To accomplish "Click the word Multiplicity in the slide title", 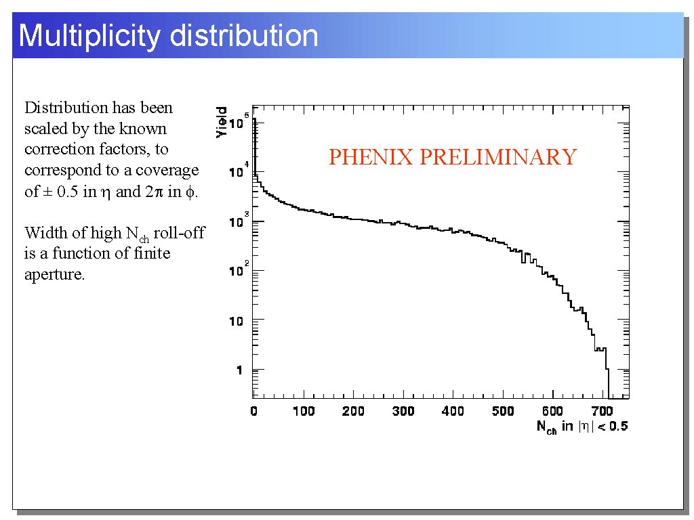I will [x=90, y=35].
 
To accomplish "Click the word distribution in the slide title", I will [x=244, y=35].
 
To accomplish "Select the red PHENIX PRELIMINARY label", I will [x=452, y=157].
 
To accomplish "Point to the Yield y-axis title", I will [x=222, y=123].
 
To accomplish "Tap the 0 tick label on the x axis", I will [x=253, y=412].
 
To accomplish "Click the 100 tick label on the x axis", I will [x=304, y=412].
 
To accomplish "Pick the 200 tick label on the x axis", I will [x=353, y=412].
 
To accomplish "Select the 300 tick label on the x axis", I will [x=403, y=412].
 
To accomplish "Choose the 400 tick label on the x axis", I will [x=453, y=412].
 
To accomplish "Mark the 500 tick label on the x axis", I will [x=503, y=412].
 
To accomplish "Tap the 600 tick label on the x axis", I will [x=553, y=412].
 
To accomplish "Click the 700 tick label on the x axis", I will [x=603, y=412].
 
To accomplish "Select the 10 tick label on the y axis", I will [x=235, y=320].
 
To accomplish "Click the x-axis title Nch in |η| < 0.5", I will [x=581, y=427].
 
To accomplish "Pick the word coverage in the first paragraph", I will [x=167, y=171].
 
